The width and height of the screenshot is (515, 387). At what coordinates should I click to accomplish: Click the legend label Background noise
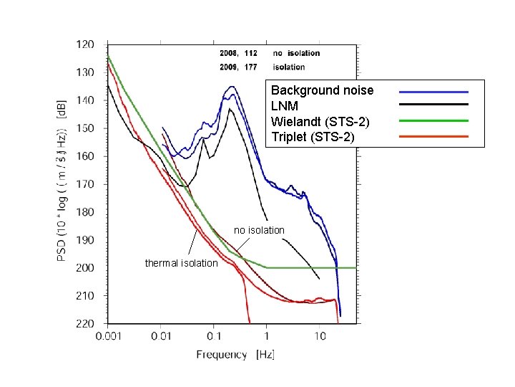322,90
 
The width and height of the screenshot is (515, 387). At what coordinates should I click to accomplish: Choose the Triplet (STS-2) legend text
313,136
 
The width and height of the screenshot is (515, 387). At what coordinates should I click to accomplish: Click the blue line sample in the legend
433,92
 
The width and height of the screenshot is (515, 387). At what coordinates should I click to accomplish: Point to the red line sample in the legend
433,135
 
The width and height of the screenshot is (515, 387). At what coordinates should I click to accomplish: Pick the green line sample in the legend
433,120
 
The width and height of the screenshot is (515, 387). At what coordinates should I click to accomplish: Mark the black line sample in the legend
433,105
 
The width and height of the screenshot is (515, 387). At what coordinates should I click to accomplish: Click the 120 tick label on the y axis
84,44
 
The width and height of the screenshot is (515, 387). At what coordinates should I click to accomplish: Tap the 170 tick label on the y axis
84,184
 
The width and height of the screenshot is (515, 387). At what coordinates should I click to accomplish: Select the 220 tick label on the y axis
84,324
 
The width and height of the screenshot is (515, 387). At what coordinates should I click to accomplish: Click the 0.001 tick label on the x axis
108,336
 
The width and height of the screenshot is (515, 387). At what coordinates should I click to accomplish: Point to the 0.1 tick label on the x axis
214,336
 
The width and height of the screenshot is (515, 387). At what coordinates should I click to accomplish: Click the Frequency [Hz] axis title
235,354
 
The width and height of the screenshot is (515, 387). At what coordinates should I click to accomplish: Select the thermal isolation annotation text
181,263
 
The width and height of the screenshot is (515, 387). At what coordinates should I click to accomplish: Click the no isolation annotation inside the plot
259,230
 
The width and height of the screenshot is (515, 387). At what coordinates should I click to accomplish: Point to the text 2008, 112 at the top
239,53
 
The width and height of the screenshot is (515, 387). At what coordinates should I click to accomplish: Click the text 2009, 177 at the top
239,67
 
